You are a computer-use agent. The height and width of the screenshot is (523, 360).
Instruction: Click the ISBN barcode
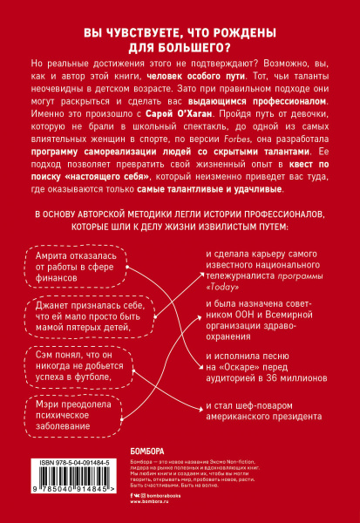coord(71,492)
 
